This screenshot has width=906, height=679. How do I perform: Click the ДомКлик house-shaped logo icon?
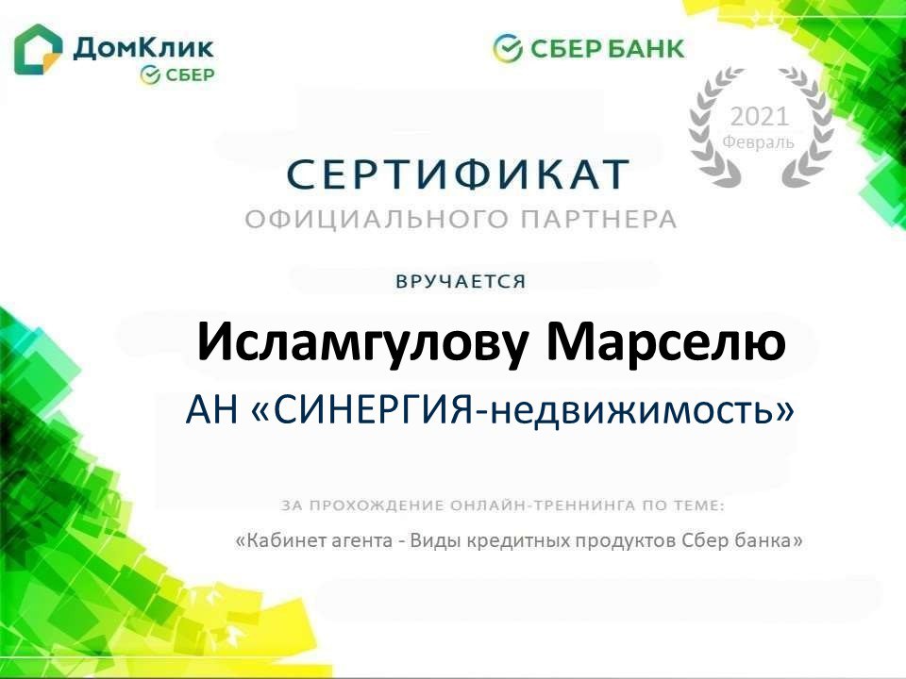38,50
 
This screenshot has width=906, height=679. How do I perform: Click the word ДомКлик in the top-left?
143,48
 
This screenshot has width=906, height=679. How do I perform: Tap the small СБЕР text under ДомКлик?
190,75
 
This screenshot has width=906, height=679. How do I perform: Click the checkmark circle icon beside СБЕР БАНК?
508,48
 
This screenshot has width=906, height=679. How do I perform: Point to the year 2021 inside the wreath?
759,117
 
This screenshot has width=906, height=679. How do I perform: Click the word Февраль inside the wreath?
759,141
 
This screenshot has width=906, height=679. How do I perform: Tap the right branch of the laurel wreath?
807,127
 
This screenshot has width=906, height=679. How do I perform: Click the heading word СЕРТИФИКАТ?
459,174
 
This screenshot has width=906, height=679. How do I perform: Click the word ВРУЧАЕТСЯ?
461,282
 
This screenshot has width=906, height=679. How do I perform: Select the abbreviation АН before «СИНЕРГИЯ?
211,410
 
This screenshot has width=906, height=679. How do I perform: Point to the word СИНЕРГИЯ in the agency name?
374,410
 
